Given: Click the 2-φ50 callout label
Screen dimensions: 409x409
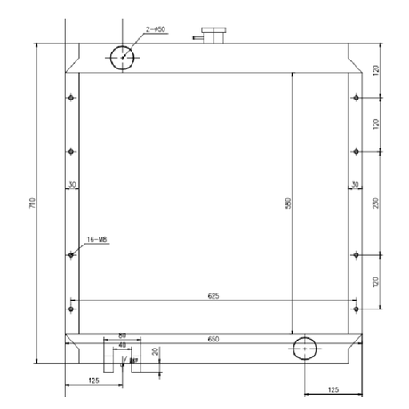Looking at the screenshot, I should click(156, 29).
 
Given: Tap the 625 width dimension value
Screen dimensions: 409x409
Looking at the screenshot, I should click(213, 294).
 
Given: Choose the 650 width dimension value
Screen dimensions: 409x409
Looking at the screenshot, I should click(213, 340).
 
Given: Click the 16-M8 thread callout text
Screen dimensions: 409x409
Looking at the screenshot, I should click(99, 239).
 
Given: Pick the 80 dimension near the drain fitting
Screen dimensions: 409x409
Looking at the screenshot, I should click(121, 335).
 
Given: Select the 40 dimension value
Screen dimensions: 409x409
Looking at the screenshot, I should click(121, 345).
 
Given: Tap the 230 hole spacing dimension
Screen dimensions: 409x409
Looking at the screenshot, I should click(377, 203).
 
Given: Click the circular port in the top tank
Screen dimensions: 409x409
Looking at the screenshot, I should click(122, 57).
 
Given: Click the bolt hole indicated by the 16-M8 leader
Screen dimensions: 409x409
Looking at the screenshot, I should click(70, 256).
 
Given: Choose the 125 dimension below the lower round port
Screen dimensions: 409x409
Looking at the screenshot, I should click(333, 389).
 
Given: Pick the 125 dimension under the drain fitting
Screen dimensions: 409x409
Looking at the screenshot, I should click(93, 380).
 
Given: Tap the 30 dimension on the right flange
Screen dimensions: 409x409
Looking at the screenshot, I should click(355, 185).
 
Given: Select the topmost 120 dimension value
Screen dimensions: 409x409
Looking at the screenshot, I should click(377, 69).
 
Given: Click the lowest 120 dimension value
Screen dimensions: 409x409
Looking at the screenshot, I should click(377, 283).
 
